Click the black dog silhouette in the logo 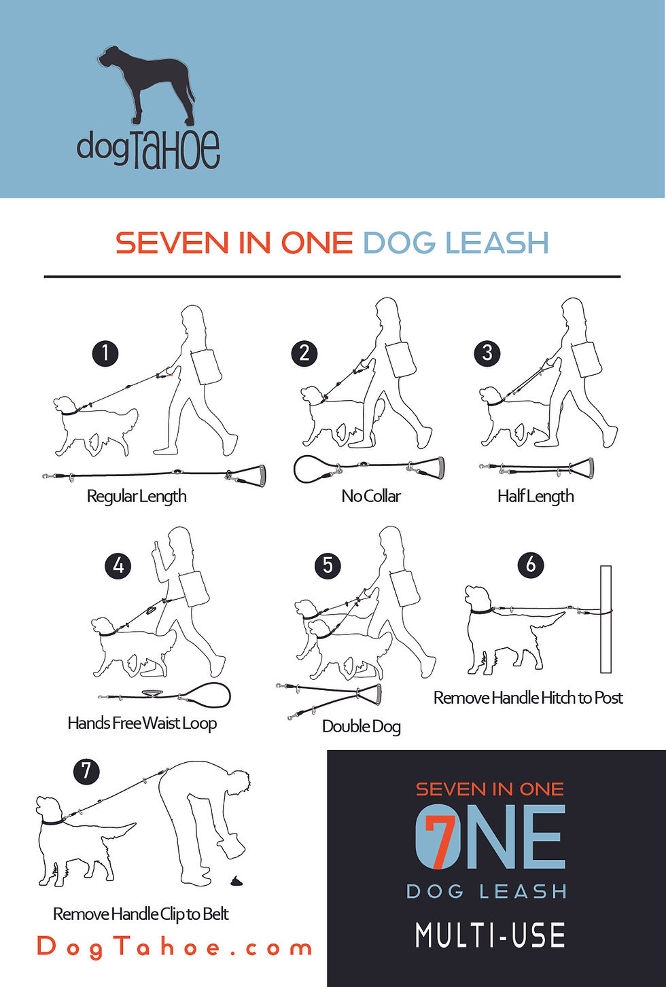145,84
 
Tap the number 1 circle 105,353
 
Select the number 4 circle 118,565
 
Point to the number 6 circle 531,564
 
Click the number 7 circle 86,771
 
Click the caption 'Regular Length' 137,497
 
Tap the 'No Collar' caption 371,496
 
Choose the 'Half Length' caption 536,497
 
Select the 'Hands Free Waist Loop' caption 142,723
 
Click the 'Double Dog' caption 362,727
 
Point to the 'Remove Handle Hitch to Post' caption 528,698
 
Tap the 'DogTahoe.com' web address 174,947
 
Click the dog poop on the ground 236,881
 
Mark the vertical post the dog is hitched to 606,619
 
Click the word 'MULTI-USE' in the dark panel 490,935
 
